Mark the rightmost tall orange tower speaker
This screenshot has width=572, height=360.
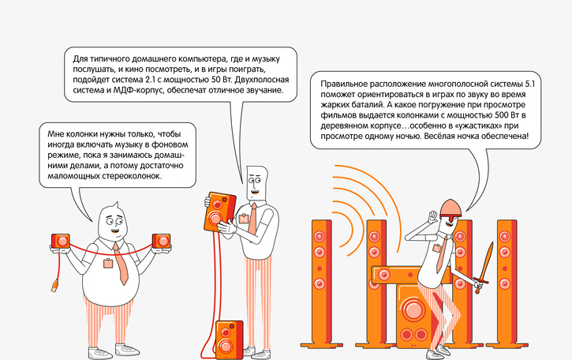click(506, 280)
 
